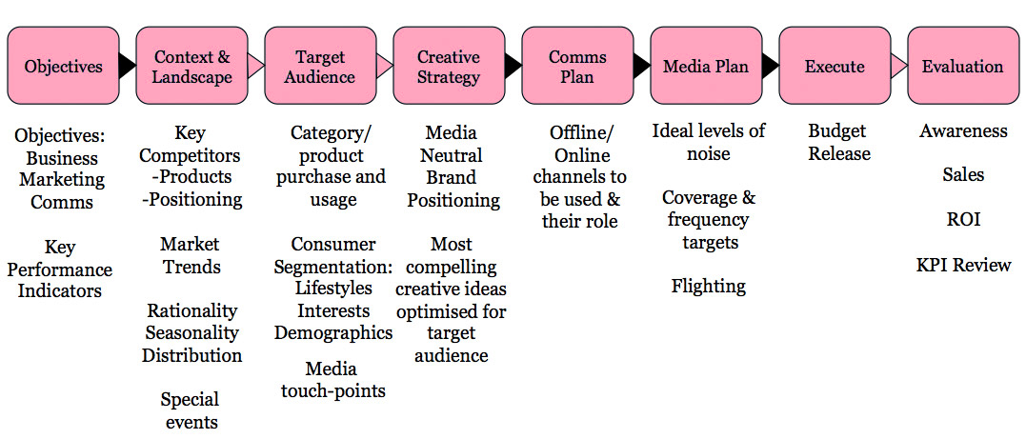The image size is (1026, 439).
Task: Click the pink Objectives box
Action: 63,66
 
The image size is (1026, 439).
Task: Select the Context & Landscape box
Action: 191,66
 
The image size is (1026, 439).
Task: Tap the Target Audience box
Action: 320,66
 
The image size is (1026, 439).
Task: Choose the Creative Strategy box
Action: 449,66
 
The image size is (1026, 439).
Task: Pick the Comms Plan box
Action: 577,66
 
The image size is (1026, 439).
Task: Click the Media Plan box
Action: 706,66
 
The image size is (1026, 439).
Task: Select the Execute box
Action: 835,66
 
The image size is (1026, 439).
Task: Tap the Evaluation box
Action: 962,66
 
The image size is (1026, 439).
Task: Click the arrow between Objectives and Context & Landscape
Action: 128,66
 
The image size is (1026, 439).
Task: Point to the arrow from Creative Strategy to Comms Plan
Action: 513,66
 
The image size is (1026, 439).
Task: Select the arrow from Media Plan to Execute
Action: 771,66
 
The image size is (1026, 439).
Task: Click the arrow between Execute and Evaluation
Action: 898,66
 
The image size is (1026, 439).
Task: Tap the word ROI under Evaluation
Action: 963,220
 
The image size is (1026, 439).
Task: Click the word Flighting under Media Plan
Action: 708,286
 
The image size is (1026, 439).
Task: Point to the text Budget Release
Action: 839,142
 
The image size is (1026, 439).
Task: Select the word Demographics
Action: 333,332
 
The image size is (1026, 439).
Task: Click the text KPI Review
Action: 963,265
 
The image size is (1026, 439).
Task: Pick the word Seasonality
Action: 192,332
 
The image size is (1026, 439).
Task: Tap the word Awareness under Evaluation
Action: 963,131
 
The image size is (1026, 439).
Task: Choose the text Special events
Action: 190,410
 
